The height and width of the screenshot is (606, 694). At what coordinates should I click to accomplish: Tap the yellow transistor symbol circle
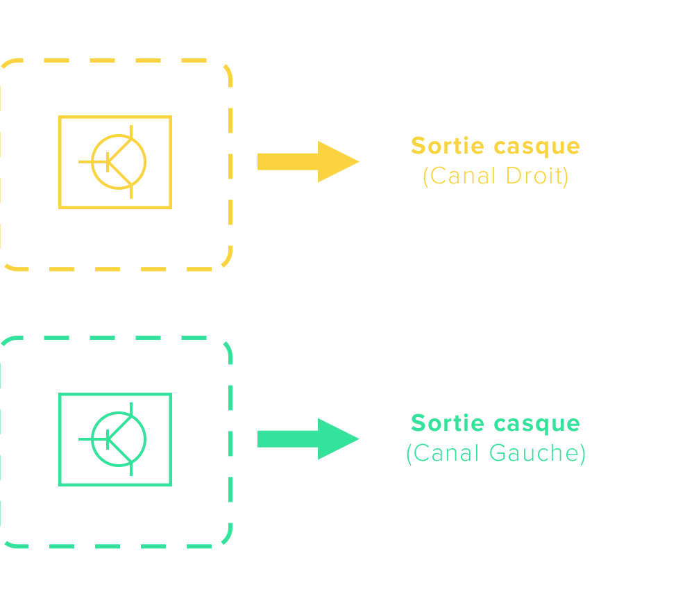pyautogui.click(x=119, y=162)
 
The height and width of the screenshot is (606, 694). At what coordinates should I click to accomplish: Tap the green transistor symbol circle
pyautogui.click(x=119, y=439)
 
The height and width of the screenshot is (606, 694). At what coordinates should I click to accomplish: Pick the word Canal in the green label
pyautogui.click(x=447, y=453)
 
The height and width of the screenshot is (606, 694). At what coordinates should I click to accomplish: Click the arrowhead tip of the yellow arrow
pyautogui.click(x=357, y=161)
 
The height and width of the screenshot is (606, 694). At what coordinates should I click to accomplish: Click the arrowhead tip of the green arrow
pyautogui.click(x=357, y=439)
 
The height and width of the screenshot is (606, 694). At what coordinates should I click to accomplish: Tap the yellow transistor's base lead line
pyautogui.click(x=92, y=162)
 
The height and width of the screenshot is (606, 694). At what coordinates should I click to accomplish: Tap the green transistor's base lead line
pyautogui.click(x=92, y=439)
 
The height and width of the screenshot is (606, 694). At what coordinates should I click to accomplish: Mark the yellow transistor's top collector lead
pyautogui.click(x=132, y=133)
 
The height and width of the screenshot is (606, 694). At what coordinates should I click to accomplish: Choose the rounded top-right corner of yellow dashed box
pyautogui.click(x=223, y=69)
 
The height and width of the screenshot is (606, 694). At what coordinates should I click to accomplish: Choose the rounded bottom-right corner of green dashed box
pyautogui.click(x=223, y=539)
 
